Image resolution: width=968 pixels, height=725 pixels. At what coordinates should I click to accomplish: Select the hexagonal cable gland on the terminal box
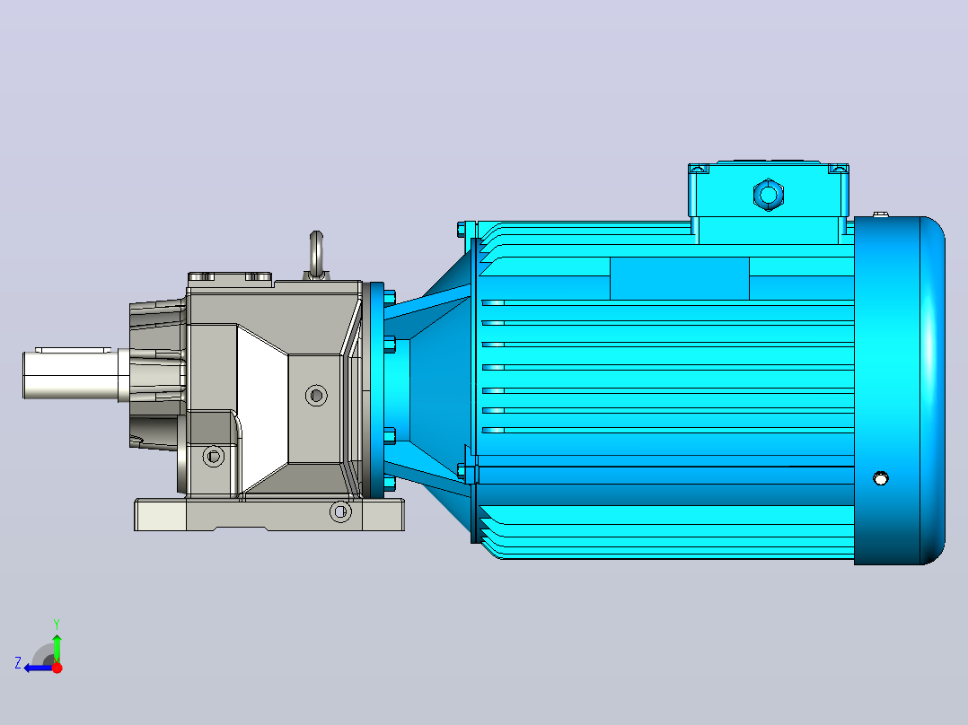(x=769, y=195)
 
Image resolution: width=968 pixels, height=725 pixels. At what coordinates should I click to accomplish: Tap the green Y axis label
(x=57, y=624)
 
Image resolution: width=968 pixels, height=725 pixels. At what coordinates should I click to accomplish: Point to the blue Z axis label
(x=18, y=663)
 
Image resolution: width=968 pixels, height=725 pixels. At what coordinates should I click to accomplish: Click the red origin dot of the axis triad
(x=57, y=668)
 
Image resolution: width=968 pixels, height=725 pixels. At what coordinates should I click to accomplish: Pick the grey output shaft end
(x=71, y=374)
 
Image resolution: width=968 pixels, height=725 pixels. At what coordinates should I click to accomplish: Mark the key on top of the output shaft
(x=73, y=350)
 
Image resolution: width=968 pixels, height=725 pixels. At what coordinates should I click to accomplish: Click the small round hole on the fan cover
(x=881, y=478)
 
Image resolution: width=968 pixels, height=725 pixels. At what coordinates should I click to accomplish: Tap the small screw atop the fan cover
(x=881, y=214)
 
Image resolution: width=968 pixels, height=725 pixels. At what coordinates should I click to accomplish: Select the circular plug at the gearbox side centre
(x=317, y=395)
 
